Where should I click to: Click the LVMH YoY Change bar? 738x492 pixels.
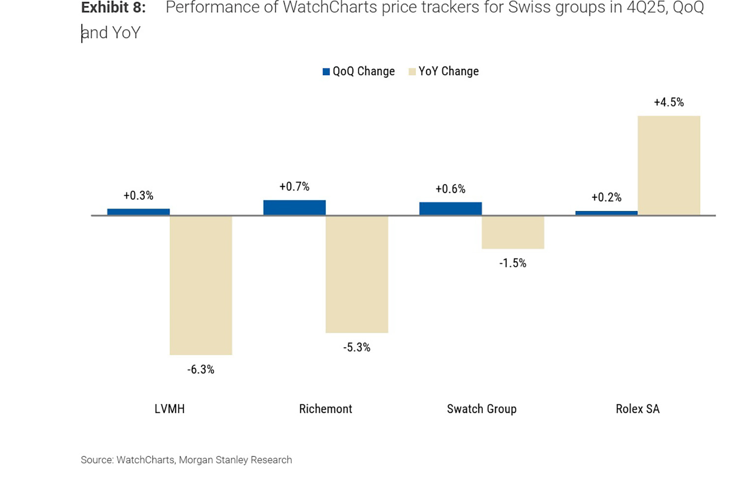[201, 285]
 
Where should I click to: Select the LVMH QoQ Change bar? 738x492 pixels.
[138, 212]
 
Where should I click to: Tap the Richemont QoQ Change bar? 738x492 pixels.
[294, 208]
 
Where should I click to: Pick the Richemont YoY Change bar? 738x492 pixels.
[357, 274]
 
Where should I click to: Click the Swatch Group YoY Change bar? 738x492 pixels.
[513, 232]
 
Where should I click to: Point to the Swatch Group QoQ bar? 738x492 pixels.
[450, 209]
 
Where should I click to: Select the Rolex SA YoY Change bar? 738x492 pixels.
[669, 165]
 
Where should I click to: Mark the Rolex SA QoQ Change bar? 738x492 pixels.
[606, 213]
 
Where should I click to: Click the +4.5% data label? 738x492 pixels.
[669, 102]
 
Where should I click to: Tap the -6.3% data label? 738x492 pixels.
[201, 370]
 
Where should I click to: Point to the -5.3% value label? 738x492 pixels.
[357, 348]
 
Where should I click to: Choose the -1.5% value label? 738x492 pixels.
[513, 263]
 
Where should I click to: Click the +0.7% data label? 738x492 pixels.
[294, 187]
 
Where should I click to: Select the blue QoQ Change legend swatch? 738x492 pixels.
[326, 72]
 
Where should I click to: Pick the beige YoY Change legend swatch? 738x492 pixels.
[412, 72]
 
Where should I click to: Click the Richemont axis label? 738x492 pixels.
[326, 409]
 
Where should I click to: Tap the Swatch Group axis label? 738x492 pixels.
[482, 409]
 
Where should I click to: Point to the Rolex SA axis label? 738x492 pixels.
[638, 409]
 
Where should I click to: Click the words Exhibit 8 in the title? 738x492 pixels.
[113, 8]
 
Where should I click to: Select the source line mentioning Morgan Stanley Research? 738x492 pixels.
[186, 460]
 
